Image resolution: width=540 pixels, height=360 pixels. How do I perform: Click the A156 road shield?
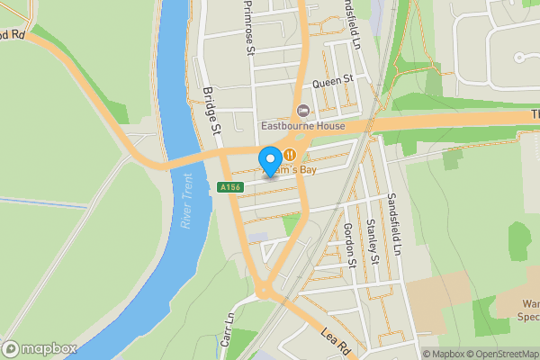[229, 187]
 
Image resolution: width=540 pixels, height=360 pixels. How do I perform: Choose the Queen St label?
[330, 81]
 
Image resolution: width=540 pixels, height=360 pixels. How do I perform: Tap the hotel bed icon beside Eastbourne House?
[302, 110]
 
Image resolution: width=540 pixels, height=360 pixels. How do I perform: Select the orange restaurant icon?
[289, 154]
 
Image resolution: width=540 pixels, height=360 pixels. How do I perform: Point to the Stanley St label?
[371, 239]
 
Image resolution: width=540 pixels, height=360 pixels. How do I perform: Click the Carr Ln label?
[227, 328]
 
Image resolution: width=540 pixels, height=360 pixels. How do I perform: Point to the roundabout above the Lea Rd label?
[265, 290]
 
